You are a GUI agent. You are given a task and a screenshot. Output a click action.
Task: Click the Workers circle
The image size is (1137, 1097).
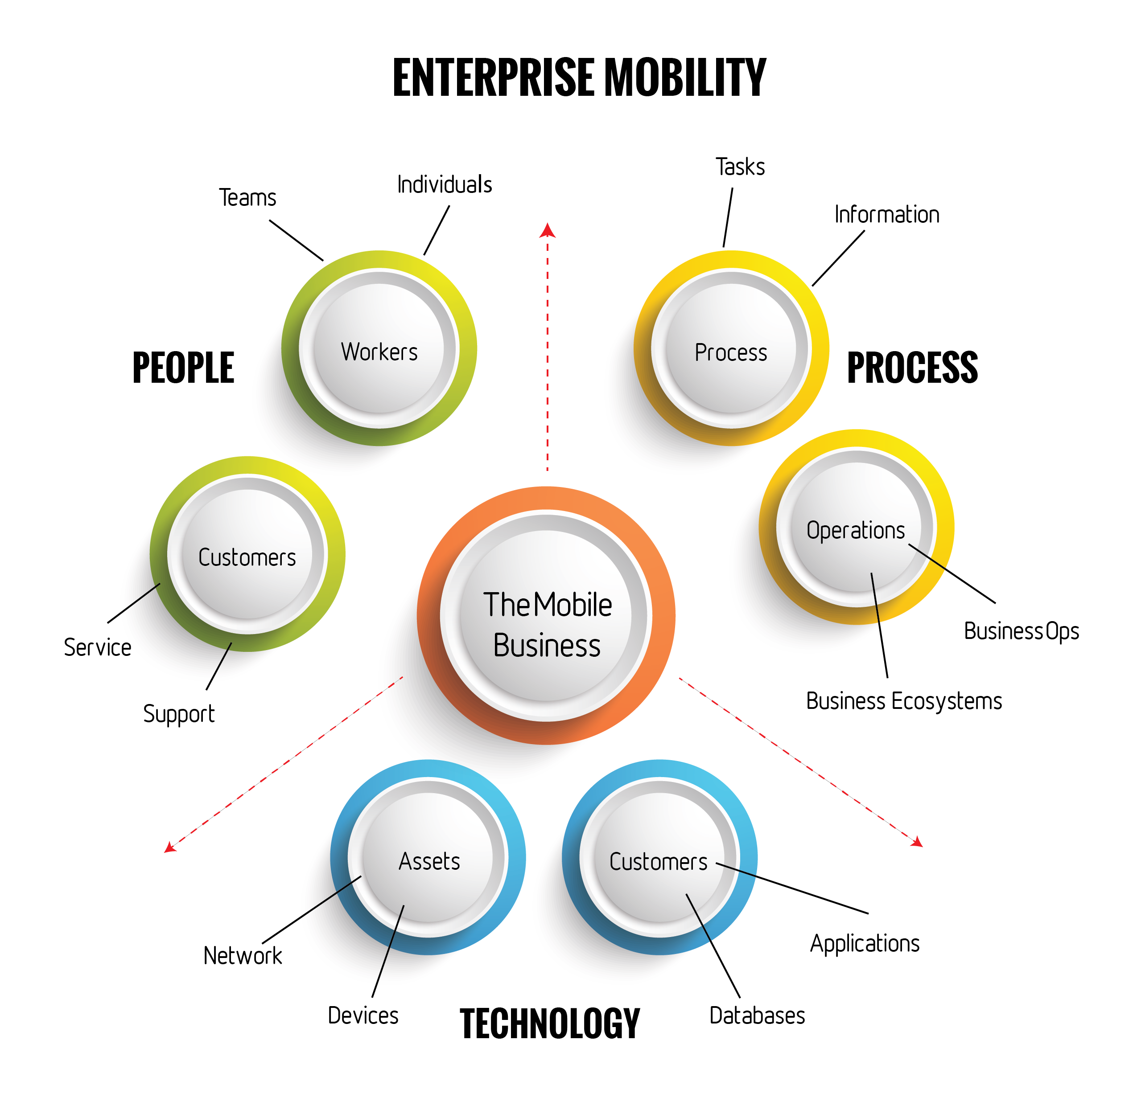pos(379,348)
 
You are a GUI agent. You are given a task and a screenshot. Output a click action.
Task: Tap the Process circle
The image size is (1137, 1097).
pos(731,348)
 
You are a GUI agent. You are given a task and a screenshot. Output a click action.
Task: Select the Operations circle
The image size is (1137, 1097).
pos(856,527)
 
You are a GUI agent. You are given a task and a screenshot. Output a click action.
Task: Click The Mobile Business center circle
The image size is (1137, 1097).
pos(547,616)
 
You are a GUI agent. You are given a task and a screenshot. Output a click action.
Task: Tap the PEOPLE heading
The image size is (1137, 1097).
pos(183,368)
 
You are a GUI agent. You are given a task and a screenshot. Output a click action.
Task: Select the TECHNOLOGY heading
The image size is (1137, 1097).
pos(549,1023)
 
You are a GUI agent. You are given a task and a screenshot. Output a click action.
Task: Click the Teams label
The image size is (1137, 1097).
pos(248,198)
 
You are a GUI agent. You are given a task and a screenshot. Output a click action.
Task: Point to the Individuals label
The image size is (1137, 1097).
pos(445,185)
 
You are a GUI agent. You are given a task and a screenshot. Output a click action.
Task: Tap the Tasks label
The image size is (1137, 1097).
pos(740,167)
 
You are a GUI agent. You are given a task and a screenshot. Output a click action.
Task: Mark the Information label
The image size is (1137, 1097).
pos(886,214)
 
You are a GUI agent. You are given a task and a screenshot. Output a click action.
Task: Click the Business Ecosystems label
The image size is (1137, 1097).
pos(904,701)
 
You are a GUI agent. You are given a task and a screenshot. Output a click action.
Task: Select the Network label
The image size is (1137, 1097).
pos(243,955)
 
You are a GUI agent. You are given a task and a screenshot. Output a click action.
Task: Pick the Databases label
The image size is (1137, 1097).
pos(757,1016)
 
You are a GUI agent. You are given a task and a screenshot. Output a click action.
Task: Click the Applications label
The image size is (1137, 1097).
pos(865,944)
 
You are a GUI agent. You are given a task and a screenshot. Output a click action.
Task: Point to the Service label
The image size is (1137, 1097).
pos(98,648)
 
